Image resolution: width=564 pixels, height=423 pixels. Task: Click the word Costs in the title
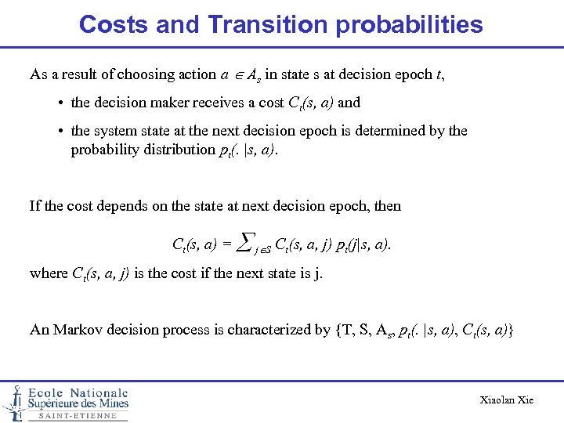click(114, 24)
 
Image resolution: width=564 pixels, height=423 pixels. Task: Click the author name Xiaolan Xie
click(506, 400)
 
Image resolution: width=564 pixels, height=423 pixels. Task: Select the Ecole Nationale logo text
click(78, 393)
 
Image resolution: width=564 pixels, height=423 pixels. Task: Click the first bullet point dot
click(60, 103)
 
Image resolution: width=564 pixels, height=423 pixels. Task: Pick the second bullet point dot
click(60, 132)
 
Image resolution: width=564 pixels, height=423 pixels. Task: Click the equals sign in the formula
click(227, 244)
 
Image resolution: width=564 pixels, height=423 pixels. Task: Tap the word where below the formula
click(48, 273)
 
